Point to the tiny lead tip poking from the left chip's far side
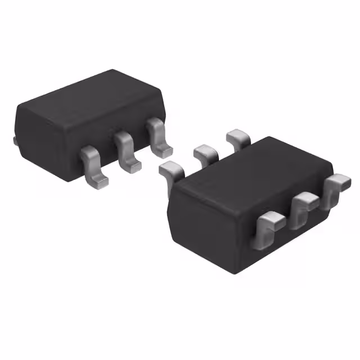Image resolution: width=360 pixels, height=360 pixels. [15, 139]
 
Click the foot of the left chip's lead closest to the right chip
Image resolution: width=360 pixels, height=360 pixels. [164, 150]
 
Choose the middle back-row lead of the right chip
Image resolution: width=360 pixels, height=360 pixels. [205, 152]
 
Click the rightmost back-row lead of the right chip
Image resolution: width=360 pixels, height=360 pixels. [238, 137]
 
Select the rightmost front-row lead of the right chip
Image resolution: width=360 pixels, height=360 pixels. [337, 184]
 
